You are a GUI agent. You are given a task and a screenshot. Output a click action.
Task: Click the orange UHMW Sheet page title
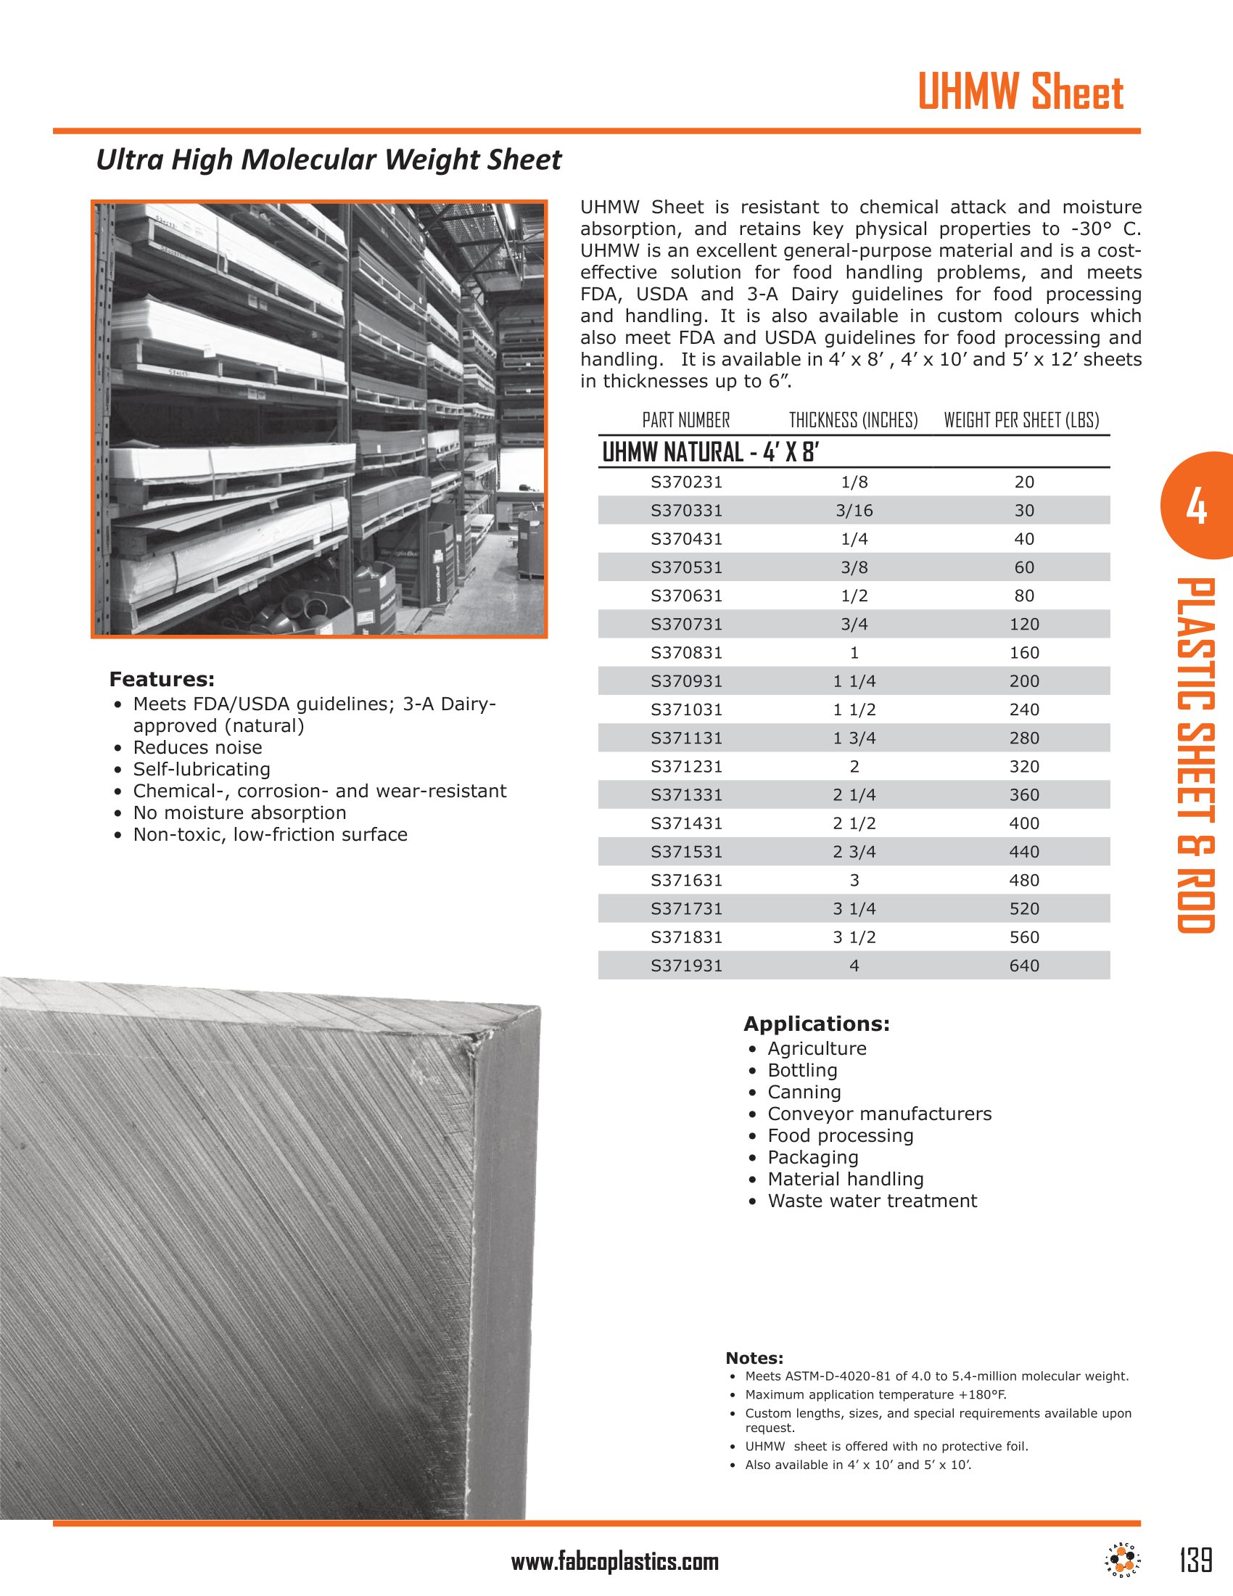coord(1020,92)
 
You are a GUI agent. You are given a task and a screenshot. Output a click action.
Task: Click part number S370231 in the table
coord(686,482)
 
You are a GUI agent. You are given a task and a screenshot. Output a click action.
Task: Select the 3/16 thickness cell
coord(854,511)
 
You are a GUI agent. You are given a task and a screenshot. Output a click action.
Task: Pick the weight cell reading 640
coord(1023,966)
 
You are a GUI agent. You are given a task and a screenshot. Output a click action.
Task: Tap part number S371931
coord(686,966)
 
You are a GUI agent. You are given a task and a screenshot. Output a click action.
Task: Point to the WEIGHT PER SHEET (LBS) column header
coord(1020,420)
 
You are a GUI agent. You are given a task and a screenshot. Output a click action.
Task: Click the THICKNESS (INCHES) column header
coord(853,420)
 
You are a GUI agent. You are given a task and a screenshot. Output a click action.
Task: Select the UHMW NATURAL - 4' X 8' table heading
coord(710,453)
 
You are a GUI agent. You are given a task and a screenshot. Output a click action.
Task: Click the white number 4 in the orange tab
coord(1196,507)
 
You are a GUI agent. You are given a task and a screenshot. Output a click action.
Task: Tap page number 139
coord(1196,1560)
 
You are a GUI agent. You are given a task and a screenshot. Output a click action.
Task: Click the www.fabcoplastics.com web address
coord(614,1562)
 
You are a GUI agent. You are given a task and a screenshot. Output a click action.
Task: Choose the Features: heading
coord(162,680)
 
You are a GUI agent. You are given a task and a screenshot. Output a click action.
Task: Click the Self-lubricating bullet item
coord(201,770)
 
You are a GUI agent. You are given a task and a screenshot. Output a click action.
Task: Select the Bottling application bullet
coord(802,1071)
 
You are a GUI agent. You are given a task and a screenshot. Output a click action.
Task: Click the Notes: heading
coord(754,1359)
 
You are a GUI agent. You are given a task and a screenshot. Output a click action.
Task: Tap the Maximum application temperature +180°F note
coord(875,1394)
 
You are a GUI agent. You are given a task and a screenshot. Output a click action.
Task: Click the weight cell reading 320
coord(1023,767)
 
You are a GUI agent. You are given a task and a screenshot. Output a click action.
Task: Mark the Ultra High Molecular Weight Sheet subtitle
coord(329,160)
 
